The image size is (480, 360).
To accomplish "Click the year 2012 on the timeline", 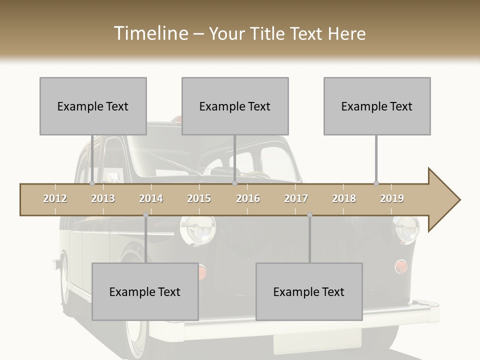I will coord(55,198).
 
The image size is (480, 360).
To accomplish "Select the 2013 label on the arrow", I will coord(103,198).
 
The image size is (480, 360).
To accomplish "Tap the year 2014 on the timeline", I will coord(151,198).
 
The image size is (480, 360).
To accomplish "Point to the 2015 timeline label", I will coord(199,198).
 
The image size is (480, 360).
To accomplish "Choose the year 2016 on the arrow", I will coord(248,198).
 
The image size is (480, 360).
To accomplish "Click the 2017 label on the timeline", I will coord(296,198).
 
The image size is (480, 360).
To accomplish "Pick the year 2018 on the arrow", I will coord(344,198).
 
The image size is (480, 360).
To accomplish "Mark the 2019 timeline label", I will coord(392,198).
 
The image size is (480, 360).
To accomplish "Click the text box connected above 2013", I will coord(93,106).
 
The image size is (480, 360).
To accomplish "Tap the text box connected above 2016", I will coord(235,106).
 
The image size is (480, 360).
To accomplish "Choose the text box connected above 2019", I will coord(377,106).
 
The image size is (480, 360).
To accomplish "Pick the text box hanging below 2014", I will coord(145,291).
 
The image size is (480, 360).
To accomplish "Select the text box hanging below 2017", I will coord(309,291).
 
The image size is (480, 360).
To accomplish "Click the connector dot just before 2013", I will coord(92,183).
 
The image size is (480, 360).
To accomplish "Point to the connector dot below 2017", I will coord(309,215).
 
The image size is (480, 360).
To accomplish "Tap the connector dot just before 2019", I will coord(376,183).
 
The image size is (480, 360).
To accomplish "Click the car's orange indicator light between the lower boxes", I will coord(201,271).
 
